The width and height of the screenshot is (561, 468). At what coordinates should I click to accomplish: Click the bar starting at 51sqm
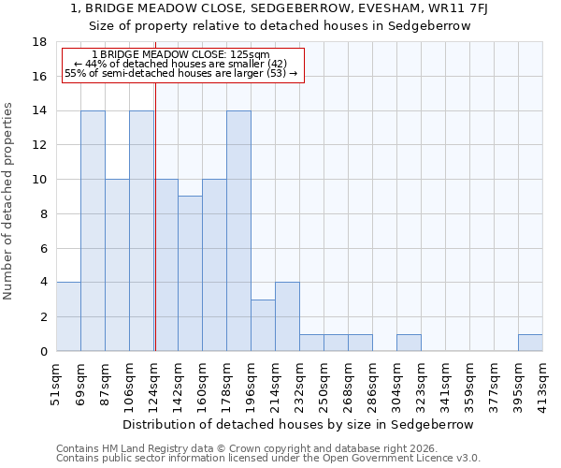[68, 316]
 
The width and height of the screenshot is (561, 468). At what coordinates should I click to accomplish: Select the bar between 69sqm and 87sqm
[93, 230]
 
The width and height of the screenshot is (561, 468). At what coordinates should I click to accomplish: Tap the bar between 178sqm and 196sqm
[238, 230]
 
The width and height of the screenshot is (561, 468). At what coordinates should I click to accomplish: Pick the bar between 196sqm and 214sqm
[263, 325]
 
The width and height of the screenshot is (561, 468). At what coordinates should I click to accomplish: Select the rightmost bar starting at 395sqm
[530, 343]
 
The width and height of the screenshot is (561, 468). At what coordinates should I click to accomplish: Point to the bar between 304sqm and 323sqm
[409, 343]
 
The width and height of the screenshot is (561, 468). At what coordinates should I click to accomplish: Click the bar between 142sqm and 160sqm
[190, 273]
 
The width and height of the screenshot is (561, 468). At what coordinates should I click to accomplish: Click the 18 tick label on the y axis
[39, 42]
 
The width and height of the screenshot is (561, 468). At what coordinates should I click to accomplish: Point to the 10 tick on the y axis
[39, 180]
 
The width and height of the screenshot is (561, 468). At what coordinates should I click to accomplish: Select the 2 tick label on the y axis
[42, 317]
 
